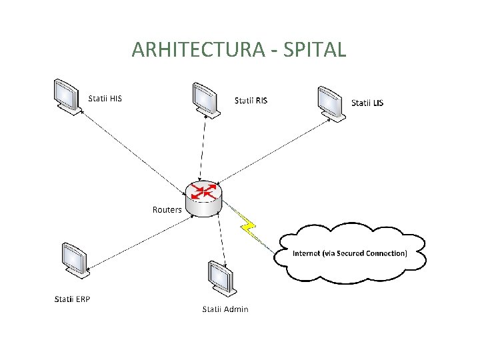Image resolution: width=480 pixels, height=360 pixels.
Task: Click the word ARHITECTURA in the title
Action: [192, 50]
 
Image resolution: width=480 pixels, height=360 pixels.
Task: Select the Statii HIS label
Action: [105, 99]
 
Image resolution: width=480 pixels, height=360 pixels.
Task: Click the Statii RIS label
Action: [251, 101]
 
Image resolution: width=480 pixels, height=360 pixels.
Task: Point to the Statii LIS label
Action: [367, 103]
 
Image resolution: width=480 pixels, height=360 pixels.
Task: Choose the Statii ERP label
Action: [72, 299]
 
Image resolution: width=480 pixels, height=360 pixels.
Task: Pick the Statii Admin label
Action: [225, 309]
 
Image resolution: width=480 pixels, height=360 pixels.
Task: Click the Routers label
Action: [167, 209]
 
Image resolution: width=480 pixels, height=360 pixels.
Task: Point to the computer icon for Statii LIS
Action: [331, 103]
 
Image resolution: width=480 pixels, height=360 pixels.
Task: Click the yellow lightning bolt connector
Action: [248, 226]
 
